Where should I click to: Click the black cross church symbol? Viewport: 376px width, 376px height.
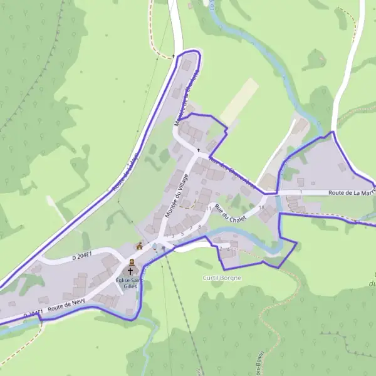point(131,271)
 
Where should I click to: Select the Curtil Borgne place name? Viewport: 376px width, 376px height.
point(222,277)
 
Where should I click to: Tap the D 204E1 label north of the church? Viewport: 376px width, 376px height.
point(81,254)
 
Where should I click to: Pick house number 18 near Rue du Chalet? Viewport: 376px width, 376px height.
point(261,207)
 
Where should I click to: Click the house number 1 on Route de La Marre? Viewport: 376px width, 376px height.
point(301,191)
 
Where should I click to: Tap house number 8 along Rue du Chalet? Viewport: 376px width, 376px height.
point(199,226)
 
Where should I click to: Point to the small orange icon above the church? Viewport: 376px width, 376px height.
point(139,246)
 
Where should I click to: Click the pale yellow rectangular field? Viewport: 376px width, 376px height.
point(239,100)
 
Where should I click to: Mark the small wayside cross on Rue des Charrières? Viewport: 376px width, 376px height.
point(199,150)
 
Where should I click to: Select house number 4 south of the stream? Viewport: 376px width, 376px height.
point(228,249)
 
